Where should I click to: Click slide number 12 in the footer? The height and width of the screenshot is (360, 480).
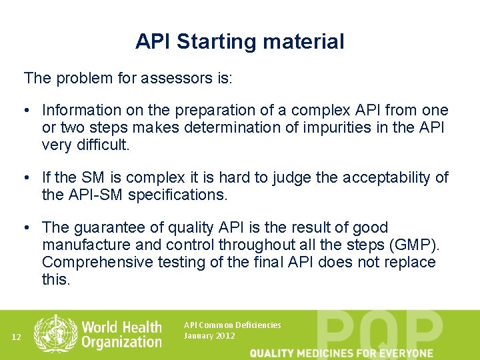[17, 337]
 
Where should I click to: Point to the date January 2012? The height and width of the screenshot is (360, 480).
[209, 336]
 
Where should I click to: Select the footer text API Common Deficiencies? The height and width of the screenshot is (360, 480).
[232, 325]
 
